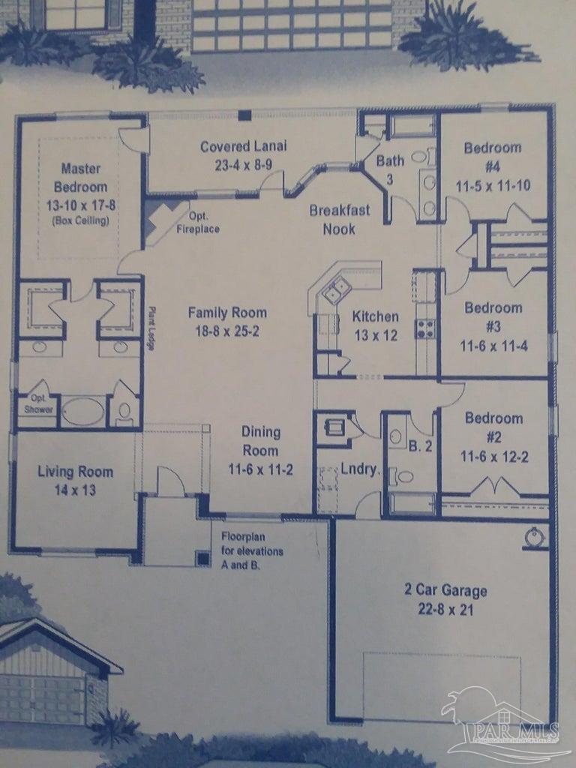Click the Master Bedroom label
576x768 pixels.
(x=80, y=178)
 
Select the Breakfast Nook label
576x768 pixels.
(x=339, y=219)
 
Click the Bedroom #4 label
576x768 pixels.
(x=492, y=156)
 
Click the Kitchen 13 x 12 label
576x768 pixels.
(x=376, y=325)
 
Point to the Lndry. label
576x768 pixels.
(x=360, y=470)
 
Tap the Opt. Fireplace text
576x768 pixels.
(x=198, y=223)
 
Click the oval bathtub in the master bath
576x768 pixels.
(x=82, y=412)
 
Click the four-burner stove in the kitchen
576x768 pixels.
(x=426, y=328)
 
